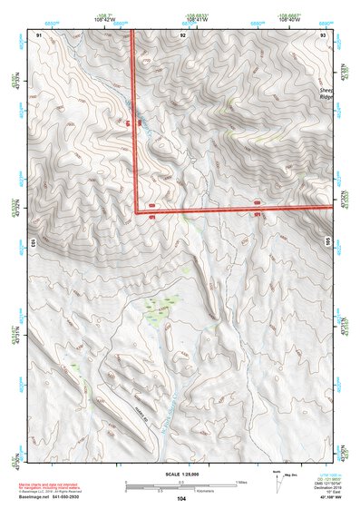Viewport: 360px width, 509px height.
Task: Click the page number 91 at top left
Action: coord(39,34)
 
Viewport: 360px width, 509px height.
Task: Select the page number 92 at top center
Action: coord(183,34)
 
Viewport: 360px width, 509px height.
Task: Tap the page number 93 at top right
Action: coord(324,34)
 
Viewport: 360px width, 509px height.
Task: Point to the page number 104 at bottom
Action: coord(181,498)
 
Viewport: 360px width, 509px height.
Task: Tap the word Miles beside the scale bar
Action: coord(240,482)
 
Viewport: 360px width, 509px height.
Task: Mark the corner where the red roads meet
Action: coord(137,211)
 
